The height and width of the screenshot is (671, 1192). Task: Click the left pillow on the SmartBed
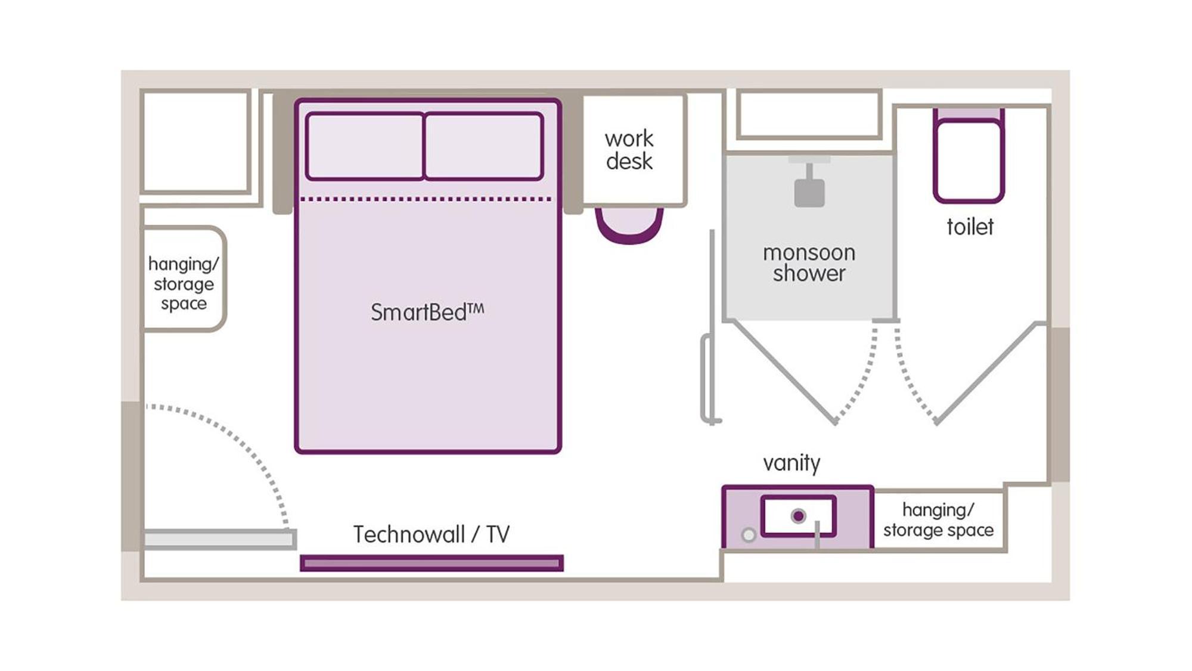[x=365, y=146]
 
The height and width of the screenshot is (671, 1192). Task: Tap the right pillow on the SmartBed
[x=483, y=146]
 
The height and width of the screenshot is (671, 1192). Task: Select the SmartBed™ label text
[x=427, y=312]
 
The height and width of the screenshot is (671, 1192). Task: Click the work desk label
[x=629, y=150]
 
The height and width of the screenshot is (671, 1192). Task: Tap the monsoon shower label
[x=809, y=263]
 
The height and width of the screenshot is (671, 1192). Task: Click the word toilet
[x=970, y=227]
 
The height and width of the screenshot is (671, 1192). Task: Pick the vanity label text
[x=791, y=463]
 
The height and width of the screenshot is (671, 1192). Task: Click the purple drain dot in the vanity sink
[x=798, y=516]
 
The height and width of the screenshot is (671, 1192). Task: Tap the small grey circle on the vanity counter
[x=749, y=535]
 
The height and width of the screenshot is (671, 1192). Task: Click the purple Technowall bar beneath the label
[x=432, y=563]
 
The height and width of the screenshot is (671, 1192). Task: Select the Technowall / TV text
[x=432, y=534]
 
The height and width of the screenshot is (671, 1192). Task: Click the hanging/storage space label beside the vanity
[x=938, y=520]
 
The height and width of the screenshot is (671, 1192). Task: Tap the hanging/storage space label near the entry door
[x=184, y=283]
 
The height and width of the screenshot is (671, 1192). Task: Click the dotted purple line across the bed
[x=427, y=199]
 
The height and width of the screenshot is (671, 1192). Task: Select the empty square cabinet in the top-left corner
[x=195, y=141]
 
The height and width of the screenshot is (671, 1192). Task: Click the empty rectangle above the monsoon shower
[x=809, y=114]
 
